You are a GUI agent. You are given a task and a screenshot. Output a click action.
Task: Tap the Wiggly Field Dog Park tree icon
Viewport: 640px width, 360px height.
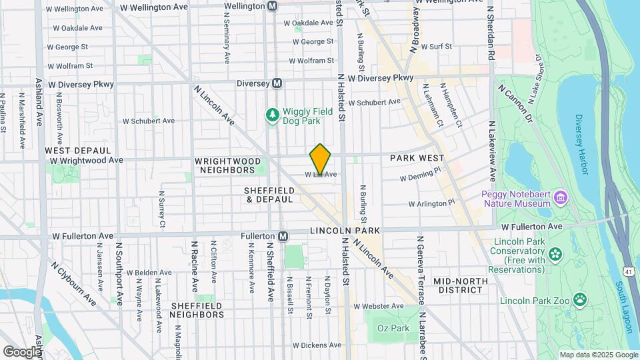click(x=272, y=115)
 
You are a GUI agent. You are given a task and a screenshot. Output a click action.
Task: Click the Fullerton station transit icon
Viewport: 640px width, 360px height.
click(x=283, y=236)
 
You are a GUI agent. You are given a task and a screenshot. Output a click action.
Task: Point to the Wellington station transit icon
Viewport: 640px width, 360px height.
click(x=272, y=6)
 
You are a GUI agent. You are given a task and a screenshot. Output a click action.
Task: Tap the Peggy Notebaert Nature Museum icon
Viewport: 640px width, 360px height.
click(x=560, y=198)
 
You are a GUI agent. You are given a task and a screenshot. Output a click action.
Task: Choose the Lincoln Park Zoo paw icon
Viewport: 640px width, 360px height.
click(x=581, y=300)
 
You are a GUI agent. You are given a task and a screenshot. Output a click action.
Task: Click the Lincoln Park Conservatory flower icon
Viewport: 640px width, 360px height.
click(x=555, y=254)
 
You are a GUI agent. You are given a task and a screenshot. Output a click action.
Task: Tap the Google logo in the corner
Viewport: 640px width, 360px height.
click(x=22, y=351)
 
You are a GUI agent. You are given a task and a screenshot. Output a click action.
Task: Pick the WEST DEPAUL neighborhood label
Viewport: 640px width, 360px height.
click(x=74, y=151)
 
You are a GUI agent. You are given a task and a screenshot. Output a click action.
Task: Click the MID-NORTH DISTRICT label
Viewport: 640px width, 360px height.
click(x=460, y=285)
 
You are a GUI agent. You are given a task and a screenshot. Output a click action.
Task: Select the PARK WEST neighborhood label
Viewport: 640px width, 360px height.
click(x=417, y=158)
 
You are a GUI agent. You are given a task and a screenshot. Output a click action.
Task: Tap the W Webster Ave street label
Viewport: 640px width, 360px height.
click(x=379, y=306)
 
